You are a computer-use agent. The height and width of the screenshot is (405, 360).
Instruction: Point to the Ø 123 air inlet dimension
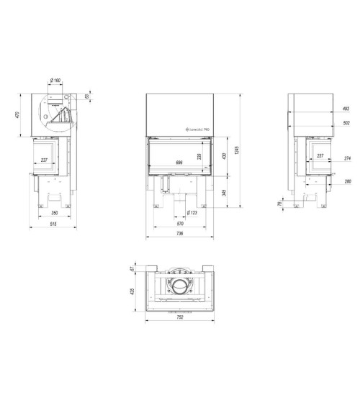coord(192,213)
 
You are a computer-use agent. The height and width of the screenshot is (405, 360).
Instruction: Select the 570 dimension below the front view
coord(179,223)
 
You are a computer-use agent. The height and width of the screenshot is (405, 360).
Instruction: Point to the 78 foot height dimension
coord(282,204)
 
